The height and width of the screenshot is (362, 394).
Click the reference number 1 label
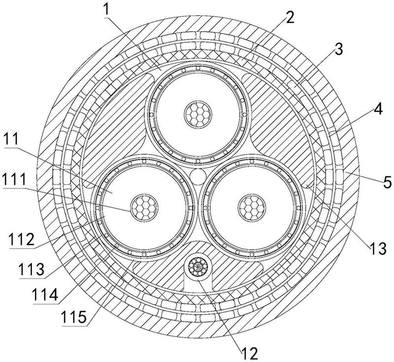pos(107,9)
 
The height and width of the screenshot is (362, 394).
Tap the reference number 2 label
pos(290,18)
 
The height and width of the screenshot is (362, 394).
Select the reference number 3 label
pos(339,49)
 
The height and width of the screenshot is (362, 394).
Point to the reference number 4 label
pos(378,109)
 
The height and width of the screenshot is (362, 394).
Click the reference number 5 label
pos(387,182)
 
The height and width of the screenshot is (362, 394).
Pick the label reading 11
pos(12,140)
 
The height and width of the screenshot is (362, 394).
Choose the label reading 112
pos(21,239)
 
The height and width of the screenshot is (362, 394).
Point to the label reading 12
pos(250,353)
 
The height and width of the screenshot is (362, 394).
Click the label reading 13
pos(377,249)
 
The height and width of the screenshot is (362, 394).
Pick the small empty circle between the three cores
pos(198,177)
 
